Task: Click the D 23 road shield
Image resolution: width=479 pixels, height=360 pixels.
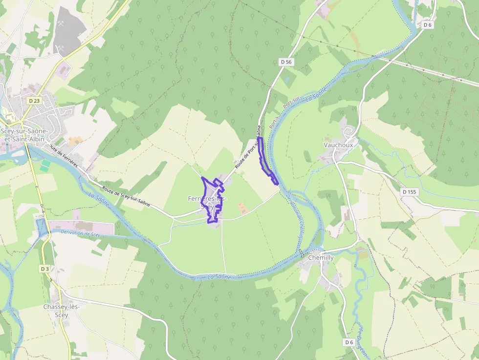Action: click(x=34, y=101)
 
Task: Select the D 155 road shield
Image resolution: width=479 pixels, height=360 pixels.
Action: click(x=409, y=192)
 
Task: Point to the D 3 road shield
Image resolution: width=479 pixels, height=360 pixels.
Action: click(x=44, y=269)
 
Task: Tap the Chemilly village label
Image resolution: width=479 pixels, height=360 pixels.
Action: click(x=321, y=257)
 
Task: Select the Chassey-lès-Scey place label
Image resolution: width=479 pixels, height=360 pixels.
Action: click(x=61, y=310)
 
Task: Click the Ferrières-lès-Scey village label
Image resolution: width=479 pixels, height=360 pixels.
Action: click(x=207, y=203)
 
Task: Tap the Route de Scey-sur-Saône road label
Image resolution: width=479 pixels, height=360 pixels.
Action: click(x=126, y=195)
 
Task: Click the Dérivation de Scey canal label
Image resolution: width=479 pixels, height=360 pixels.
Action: click(x=81, y=233)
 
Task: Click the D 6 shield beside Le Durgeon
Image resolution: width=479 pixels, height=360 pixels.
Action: click(x=348, y=342)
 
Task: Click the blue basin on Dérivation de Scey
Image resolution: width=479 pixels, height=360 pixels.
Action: click(x=42, y=227)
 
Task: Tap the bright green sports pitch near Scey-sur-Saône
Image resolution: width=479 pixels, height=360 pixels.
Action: click(x=45, y=165)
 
